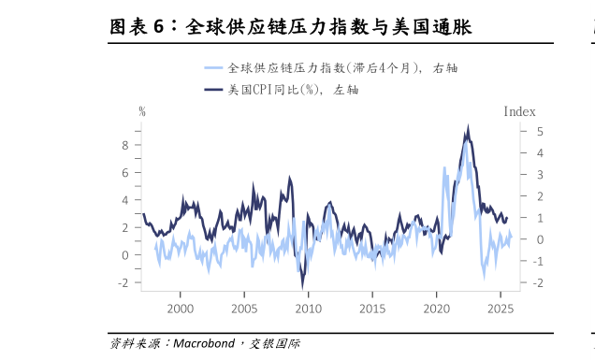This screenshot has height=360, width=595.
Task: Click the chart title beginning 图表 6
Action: (290, 27)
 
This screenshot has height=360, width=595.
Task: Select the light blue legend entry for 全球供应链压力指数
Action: (337, 68)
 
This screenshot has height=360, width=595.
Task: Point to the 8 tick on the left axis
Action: (123, 145)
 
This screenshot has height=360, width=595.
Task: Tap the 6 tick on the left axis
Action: (123, 172)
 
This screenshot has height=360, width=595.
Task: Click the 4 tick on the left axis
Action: (123, 200)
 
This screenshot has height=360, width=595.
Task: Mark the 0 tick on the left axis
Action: (123, 254)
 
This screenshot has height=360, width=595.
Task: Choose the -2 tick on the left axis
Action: (122, 282)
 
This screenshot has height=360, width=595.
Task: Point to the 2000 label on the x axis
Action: (180, 309)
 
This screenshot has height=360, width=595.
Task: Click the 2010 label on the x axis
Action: (308, 309)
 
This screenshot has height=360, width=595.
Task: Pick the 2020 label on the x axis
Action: (436, 309)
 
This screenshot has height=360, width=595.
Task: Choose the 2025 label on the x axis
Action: (501, 309)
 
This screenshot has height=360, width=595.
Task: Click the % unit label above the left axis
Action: (142, 111)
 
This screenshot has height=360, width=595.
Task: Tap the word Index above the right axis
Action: (519, 111)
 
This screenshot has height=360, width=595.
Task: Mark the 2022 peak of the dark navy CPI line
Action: (468, 128)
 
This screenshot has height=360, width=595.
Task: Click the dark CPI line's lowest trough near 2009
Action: (302, 284)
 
